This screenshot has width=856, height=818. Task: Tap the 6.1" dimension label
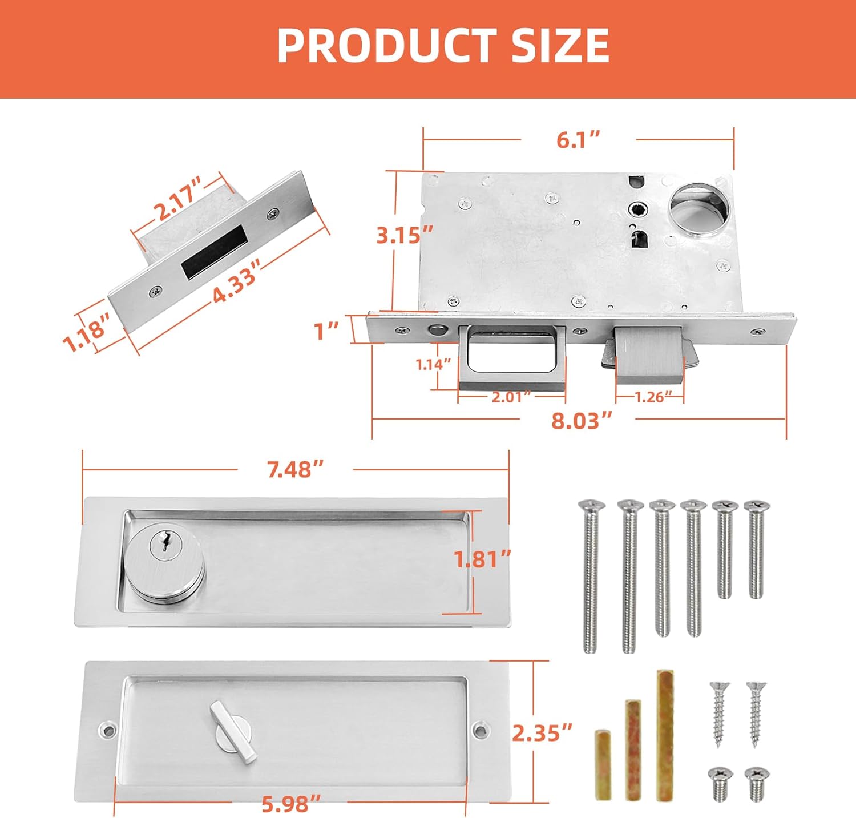(578, 140)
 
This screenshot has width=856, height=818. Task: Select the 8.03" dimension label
(581, 421)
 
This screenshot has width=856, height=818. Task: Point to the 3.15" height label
(404, 235)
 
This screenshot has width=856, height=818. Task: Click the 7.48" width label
(295, 469)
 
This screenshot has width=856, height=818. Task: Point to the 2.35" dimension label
(542, 733)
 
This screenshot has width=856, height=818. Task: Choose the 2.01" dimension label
(511, 397)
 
